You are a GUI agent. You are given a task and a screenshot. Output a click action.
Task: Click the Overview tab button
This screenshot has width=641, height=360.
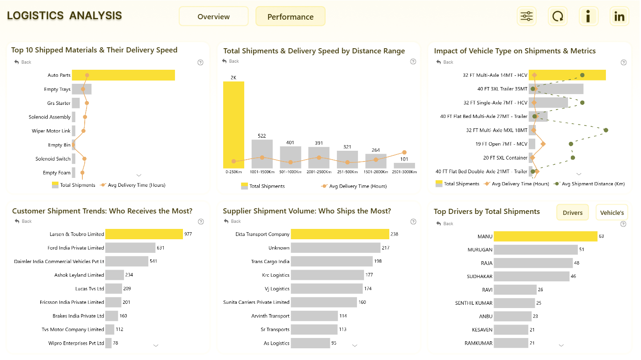click(213, 16)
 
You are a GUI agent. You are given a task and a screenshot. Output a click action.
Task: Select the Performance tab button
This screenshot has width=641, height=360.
click(290, 16)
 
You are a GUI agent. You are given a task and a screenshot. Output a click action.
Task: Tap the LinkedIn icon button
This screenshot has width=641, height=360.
click(619, 16)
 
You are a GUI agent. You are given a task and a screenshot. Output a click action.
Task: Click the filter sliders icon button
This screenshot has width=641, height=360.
click(526, 16)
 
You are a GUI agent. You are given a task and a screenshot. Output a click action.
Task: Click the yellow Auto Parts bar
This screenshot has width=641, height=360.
click(124, 75)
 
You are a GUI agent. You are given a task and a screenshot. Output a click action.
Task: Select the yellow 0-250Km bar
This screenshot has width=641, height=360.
click(233, 125)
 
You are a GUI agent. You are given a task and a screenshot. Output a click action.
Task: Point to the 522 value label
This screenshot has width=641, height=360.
click(262, 136)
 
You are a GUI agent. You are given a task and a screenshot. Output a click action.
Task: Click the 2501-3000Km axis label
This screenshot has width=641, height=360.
click(404, 172)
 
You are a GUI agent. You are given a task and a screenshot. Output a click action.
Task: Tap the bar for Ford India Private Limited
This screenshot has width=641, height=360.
click(130, 248)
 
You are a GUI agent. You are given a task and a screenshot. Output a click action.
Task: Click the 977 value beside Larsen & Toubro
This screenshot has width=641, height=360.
click(188, 234)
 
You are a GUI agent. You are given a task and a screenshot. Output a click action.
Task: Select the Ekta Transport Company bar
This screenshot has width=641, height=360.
click(340, 234)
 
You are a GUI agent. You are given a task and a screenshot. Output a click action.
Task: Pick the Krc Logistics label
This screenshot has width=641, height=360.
click(276, 275)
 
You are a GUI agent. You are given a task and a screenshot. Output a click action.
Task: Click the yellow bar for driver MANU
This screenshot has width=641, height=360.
click(546, 236)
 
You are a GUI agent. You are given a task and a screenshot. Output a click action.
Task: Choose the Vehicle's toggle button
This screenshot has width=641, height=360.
click(612, 213)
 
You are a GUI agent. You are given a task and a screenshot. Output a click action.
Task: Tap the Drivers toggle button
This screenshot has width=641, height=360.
click(572, 213)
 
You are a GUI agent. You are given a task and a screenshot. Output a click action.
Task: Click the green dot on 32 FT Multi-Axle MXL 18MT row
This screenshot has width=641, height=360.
click(606, 130)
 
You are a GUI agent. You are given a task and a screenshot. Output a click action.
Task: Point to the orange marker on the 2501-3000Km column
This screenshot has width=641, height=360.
click(404, 152)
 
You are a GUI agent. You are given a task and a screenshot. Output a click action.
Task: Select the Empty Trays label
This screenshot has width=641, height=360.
click(57, 89)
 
